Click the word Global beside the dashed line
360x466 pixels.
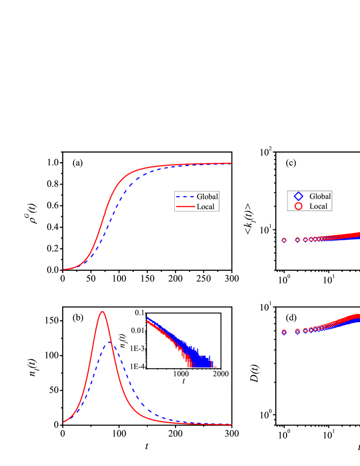[x=207, y=197]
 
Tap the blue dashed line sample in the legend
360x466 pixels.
[x=184, y=197]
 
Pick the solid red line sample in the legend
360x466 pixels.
[x=184, y=207]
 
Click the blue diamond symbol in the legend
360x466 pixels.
[x=298, y=196]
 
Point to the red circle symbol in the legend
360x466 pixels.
[x=298, y=206]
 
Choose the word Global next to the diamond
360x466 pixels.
[x=320, y=196]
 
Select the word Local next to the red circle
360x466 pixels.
[x=318, y=206]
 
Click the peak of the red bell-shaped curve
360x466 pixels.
[x=103, y=312]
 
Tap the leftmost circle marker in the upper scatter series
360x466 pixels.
[x=284, y=240]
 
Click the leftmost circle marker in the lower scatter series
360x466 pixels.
[x=284, y=332]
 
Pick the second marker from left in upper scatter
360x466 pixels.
[x=297, y=239]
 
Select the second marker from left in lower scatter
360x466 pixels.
[x=297, y=331]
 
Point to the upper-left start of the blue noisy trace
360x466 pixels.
[x=147, y=317]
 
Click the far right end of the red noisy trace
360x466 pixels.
[x=215, y=367]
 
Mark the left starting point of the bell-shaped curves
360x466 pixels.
[x=63, y=422]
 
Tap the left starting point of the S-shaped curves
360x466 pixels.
[x=63, y=269]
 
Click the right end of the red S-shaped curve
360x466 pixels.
[x=232, y=163]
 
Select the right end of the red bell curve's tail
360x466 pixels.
[x=232, y=424]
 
